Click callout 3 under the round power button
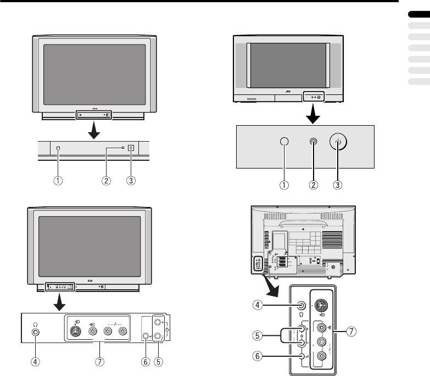[x=337, y=185]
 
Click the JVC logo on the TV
[x=288, y=93]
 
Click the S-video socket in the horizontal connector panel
[x=77, y=331]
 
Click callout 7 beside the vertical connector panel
[x=352, y=332]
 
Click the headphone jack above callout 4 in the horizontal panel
[x=36, y=332]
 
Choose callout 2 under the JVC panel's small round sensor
[x=313, y=185]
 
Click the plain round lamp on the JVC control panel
[x=284, y=141]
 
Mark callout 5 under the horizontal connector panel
[x=159, y=363]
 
